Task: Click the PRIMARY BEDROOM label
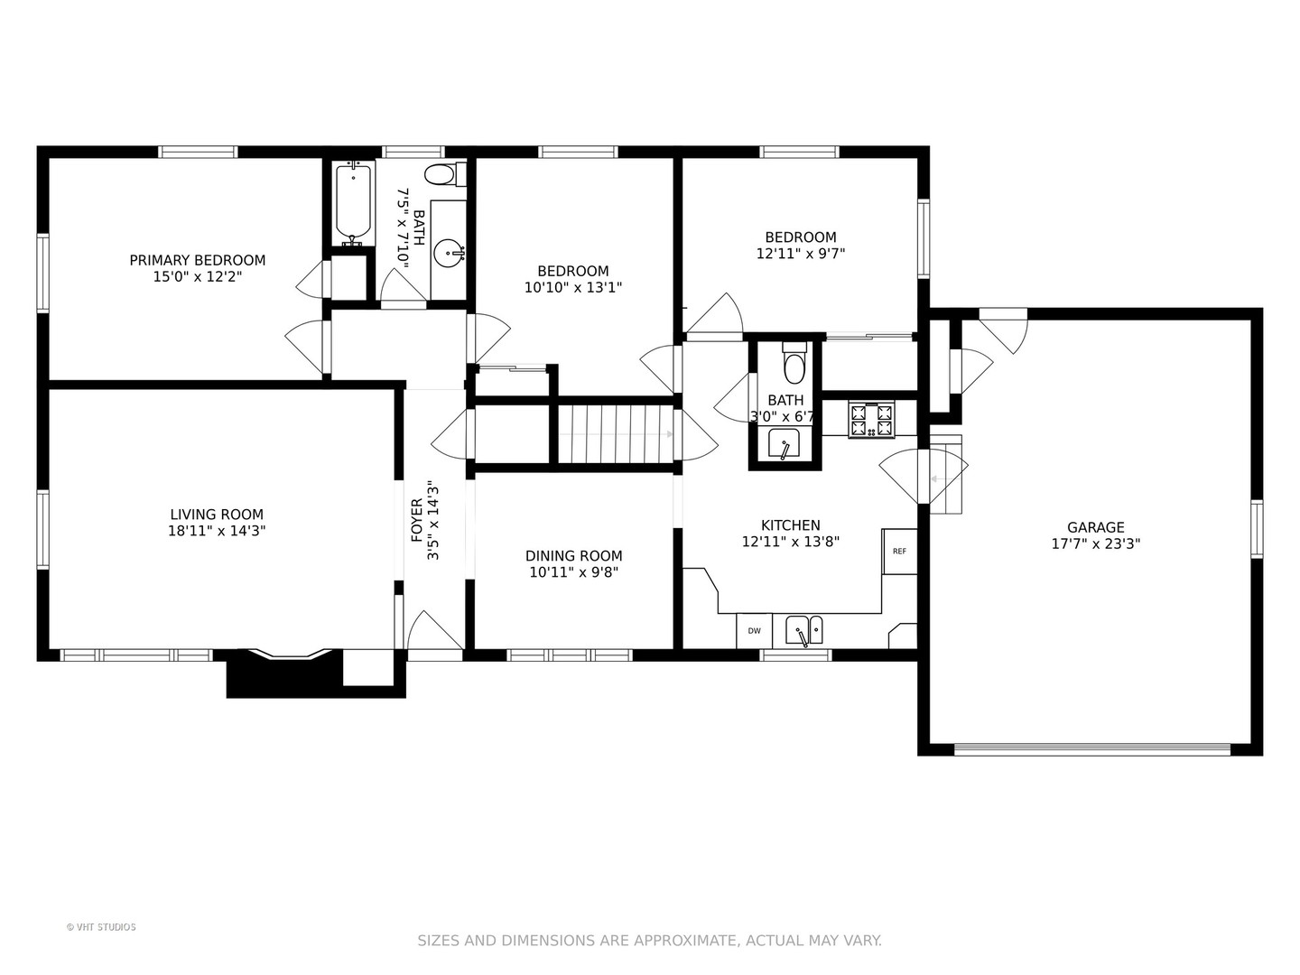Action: [197, 261]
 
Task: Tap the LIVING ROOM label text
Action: [217, 515]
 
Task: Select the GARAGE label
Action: [1096, 527]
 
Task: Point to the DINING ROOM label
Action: [574, 556]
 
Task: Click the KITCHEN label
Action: [791, 525]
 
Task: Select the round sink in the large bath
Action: [449, 254]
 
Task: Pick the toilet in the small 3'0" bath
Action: [794, 363]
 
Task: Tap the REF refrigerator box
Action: [899, 551]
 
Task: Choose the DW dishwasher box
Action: [754, 631]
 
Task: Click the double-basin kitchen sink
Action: [803, 630]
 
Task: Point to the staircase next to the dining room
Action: [616, 434]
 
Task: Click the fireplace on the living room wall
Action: [285, 673]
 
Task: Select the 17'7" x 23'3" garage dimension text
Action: [1096, 544]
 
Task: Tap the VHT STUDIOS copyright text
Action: [101, 927]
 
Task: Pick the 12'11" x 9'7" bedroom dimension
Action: [800, 254]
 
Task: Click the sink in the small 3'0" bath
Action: [784, 443]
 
